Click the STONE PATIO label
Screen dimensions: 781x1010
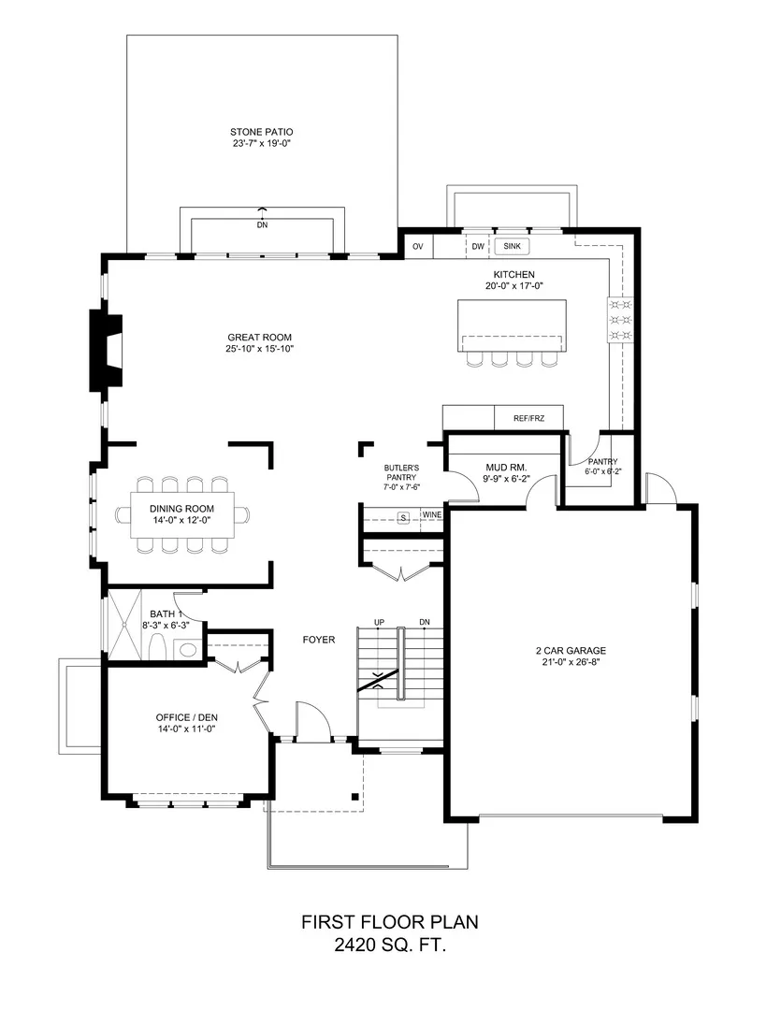(262, 132)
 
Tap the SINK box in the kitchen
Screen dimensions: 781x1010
(513, 246)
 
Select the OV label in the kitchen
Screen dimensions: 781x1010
(418, 247)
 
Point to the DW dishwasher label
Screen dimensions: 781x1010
(478, 247)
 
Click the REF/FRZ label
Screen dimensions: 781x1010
(529, 419)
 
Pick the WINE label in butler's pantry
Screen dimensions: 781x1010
(432, 515)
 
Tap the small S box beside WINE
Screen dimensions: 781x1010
(404, 518)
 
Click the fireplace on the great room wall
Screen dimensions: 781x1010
(106, 351)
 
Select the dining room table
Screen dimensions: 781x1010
(182, 514)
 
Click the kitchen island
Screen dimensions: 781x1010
(513, 326)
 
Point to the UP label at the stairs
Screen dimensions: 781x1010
(379, 622)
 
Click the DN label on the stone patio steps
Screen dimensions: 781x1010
(262, 225)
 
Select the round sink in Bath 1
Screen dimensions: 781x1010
(188, 649)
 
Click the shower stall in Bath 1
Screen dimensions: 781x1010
(123, 624)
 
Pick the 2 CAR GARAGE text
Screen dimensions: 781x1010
(571, 651)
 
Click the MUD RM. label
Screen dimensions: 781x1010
(507, 468)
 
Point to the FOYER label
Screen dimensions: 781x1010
(319, 640)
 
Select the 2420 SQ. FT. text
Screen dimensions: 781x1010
(390, 945)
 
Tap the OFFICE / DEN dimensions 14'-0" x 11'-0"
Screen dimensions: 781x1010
(185, 729)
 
